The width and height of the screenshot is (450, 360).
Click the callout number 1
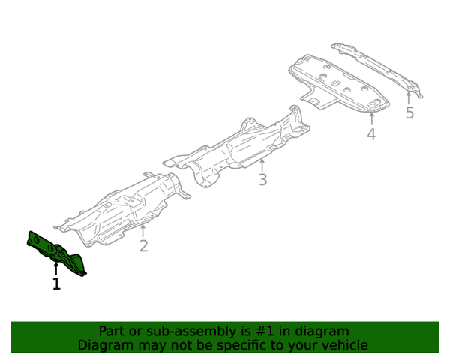[56, 283]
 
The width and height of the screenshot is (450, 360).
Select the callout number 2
[143, 246]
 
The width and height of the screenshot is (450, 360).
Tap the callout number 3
[262, 179]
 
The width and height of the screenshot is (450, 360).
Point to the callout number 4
[371, 134]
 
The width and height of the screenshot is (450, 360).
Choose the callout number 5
[409, 112]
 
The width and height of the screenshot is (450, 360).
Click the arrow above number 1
[56, 269]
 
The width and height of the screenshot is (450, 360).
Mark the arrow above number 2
[143, 231]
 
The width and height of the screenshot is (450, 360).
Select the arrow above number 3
[262, 165]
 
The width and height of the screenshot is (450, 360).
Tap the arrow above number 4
[372, 119]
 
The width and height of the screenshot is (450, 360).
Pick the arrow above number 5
[409, 98]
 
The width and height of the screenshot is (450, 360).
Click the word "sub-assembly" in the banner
[190, 331]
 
